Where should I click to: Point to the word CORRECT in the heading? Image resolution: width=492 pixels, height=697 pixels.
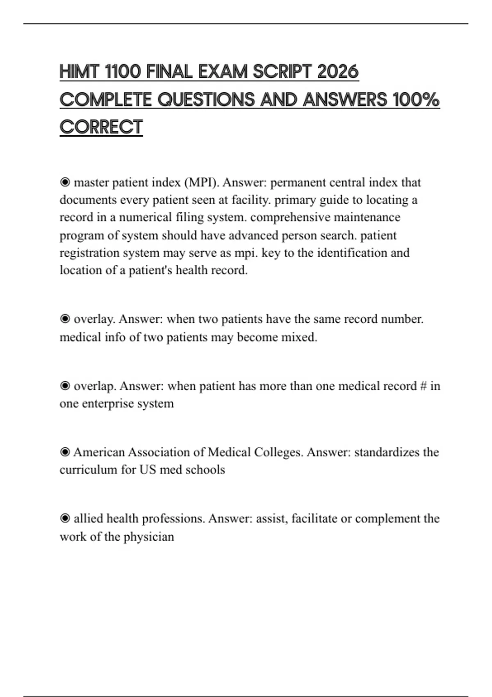pos(101,127)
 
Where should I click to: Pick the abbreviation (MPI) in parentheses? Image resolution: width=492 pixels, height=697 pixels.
pos(201,182)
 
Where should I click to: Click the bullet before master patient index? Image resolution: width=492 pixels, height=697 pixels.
pos(65,182)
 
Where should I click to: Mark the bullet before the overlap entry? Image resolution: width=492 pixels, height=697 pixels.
pos(65,386)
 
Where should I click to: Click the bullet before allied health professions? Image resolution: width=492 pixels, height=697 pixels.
pos(65,519)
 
